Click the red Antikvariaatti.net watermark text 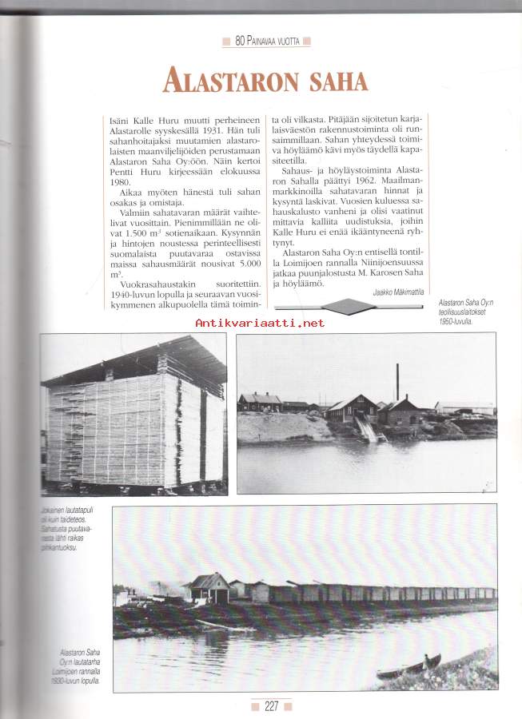tap(260, 323)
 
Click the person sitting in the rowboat tap(432, 661)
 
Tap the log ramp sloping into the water tap(367, 430)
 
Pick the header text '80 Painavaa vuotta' tap(267, 40)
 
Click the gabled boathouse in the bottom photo tap(206, 587)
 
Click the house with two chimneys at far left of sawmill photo tap(259, 402)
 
